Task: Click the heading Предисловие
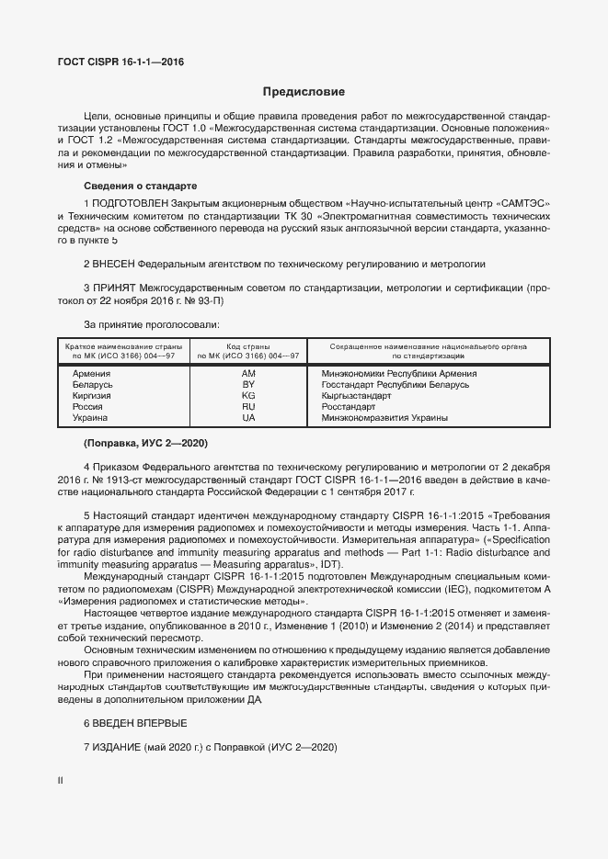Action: pyautogui.click(x=304, y=92)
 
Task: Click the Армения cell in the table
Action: pyautogui.click(x=91, y=374)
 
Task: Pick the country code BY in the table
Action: pyautogui.click(x=248, y=385)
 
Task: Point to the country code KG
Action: pyautogui.click(x=248, y=396)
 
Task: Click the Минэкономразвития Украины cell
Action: pyautogui.click(x=372, y=418)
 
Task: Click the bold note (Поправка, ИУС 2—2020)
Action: pyautogui.click(x=145, y=444)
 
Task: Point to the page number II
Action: pyautogui.click(x=61, y=780)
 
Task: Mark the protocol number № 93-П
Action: pyautogui.click(x=203, y=300)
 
